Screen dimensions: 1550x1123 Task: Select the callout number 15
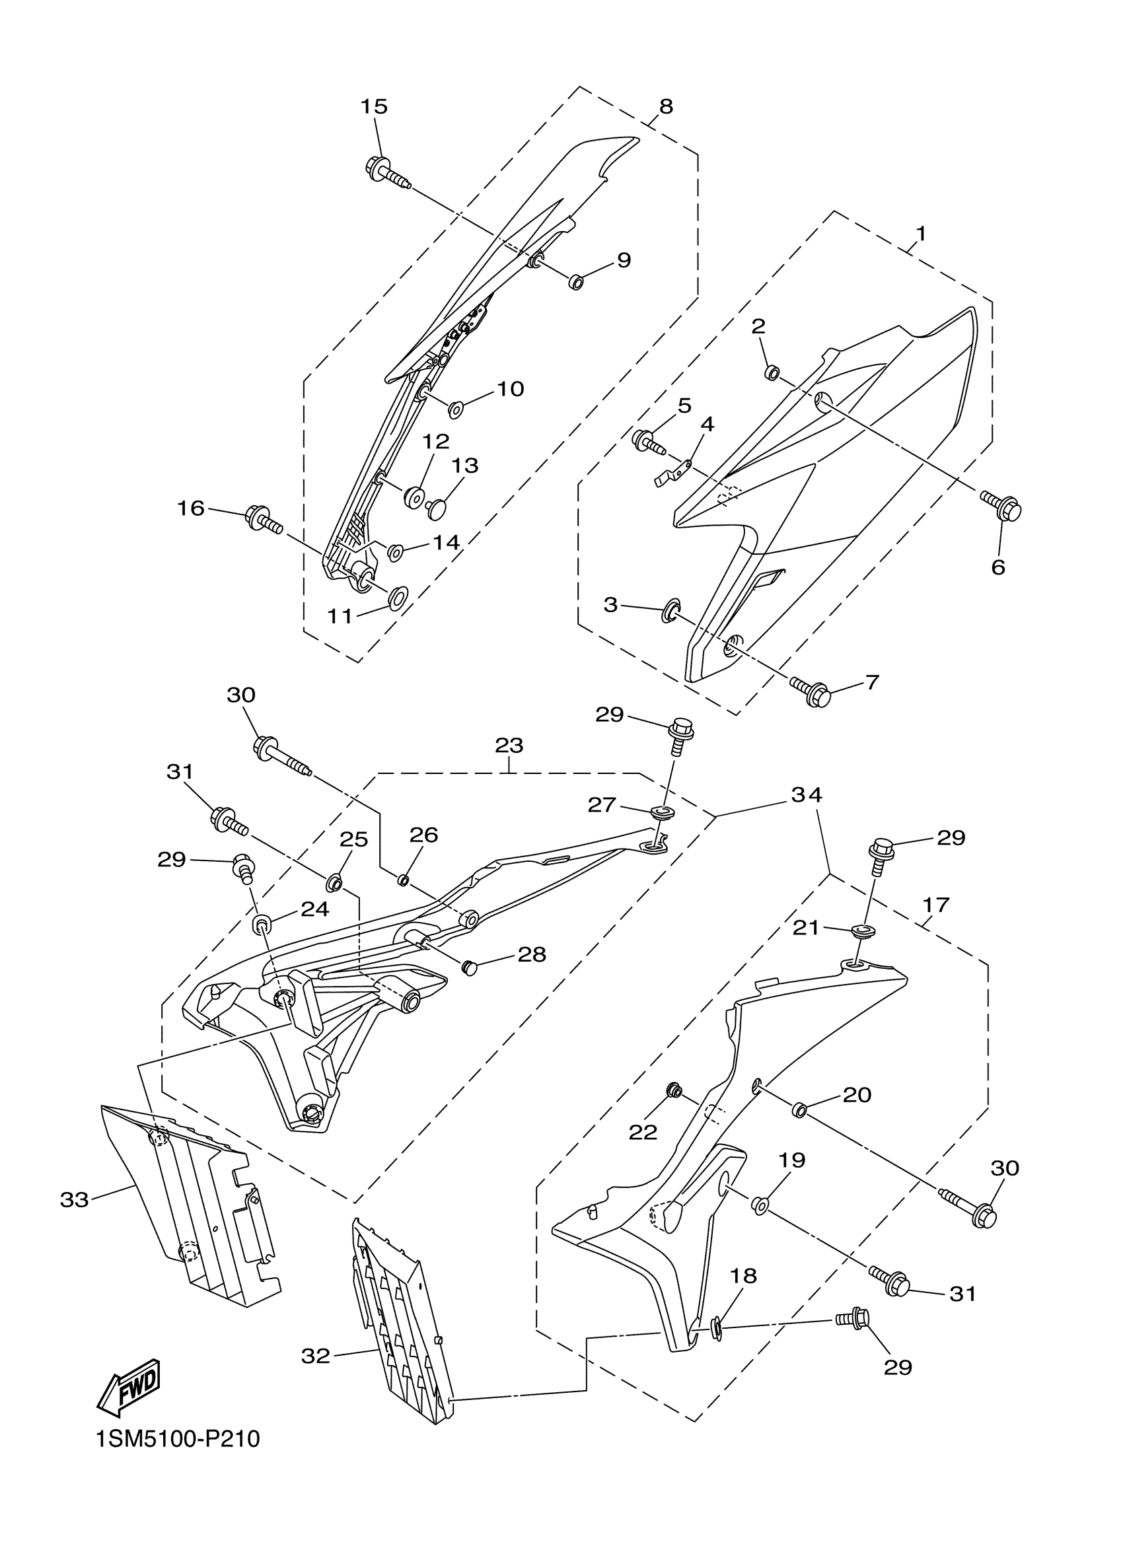click(374, 106)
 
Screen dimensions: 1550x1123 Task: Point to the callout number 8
click(666, 106)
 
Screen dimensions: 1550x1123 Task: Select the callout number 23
click(509, 745)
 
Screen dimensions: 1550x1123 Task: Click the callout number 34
click(807, 795)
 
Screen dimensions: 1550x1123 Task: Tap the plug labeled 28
click(469, 966)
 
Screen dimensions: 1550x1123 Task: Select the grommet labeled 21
click(863, 931)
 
